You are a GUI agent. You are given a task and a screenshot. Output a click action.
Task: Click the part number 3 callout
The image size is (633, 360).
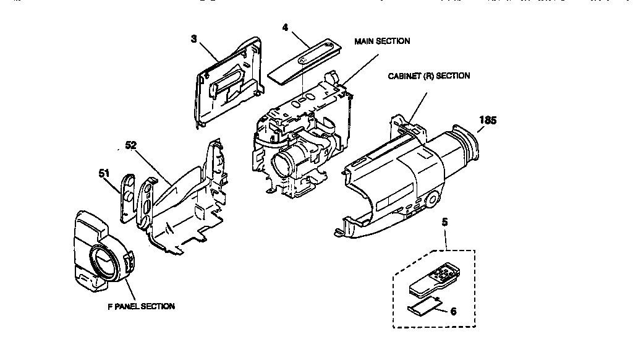(x=194, y=38)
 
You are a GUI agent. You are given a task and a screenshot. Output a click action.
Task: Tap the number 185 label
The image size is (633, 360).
(x=488, y=121)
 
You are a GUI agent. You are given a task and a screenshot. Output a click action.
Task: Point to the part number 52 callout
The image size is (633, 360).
(x=130, y=145)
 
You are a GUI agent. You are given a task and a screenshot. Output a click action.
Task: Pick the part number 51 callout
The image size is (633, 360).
(x=104, y=174)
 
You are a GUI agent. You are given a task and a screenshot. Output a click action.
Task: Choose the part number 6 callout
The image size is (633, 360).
(x=453, y=311)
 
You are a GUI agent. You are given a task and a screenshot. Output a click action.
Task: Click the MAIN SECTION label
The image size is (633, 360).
(x=381, y=41)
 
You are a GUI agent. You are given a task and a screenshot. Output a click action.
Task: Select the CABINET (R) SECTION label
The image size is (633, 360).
(x=428, y=76)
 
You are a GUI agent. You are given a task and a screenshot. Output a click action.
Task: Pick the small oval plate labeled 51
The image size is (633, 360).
(x=127, y=196)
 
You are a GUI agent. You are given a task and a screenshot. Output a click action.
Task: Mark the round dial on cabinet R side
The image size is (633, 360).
(x=431, y=199)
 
